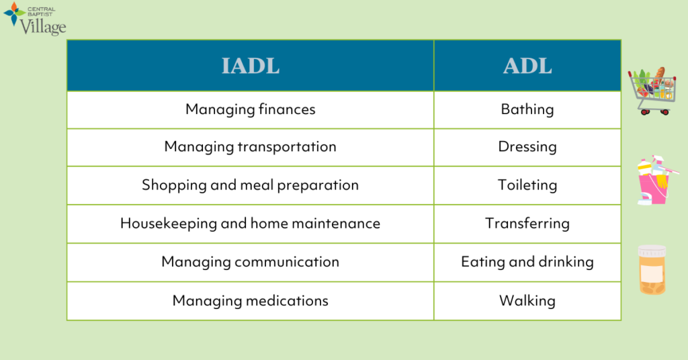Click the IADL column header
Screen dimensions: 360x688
click(x=250, y=66)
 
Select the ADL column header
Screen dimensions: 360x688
click(x=527, y=66)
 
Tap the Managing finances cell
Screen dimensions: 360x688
click(x=250, y=109)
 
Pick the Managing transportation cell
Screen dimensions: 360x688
click(x=250, y=147)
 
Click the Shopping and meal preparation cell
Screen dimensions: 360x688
click(x=250, y=185)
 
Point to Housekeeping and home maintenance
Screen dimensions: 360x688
click(x=250, y=224)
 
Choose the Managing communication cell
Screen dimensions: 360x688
click(x=250, y=262)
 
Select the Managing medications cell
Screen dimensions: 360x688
click(x=250, y=301)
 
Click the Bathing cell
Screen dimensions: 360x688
click(x=527, y=109)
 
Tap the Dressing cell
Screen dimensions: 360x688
click(x=527, y=147)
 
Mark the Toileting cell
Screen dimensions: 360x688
click(x=527, y=185)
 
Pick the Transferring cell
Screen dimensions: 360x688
click(x=527, y=224)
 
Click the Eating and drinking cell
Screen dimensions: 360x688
click(x=527, y=262)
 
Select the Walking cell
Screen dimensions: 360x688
click(x=527, y=301)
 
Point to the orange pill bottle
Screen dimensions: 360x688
click(x=652, y=269)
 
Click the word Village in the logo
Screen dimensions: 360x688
click(x=43, y=26)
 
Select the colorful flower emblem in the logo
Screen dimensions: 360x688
click(x=14, y=13)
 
